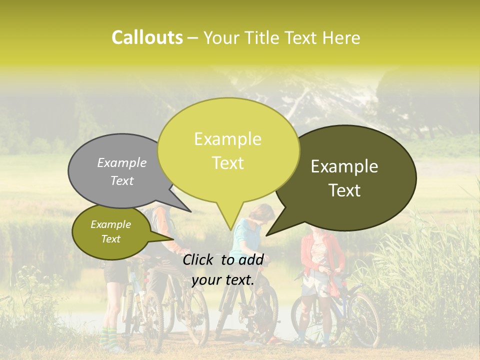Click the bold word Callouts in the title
(147, 37)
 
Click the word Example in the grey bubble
(122, 162)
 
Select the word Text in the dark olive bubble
(345, 190)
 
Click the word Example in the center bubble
(227, 139)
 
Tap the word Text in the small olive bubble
(111, 239)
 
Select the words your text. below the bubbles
(223, 280)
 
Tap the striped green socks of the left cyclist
(107, 337)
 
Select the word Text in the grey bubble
(122, 181)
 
